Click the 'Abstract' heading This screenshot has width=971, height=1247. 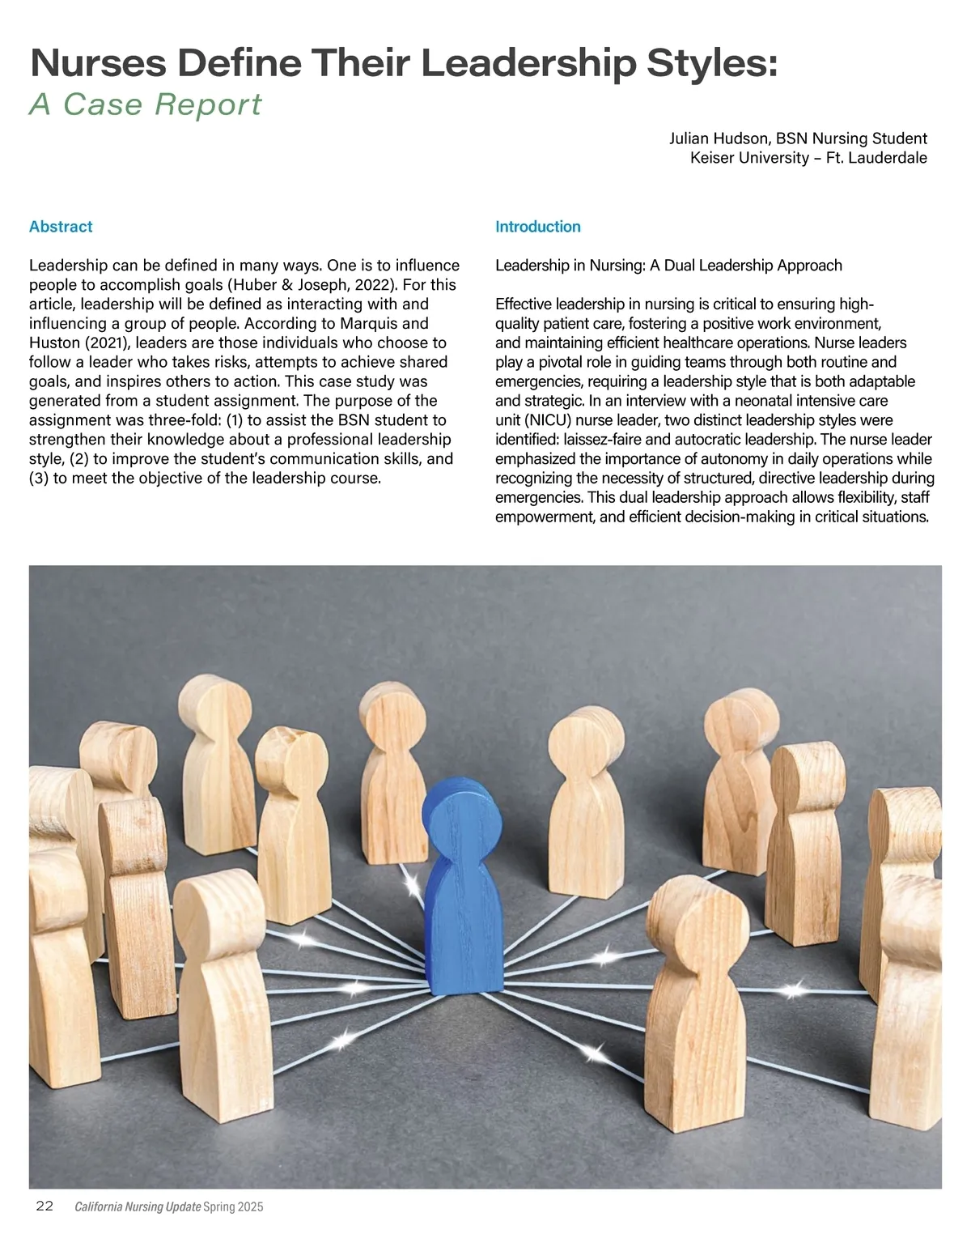coord(61,227)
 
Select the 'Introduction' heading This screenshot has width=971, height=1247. coord(537,227)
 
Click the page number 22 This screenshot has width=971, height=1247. coord(45,1206)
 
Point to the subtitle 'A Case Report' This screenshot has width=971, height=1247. coord(146,104)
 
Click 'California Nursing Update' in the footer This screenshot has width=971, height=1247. coord(138,1207)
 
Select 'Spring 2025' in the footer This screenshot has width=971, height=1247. coord(234,1207)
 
